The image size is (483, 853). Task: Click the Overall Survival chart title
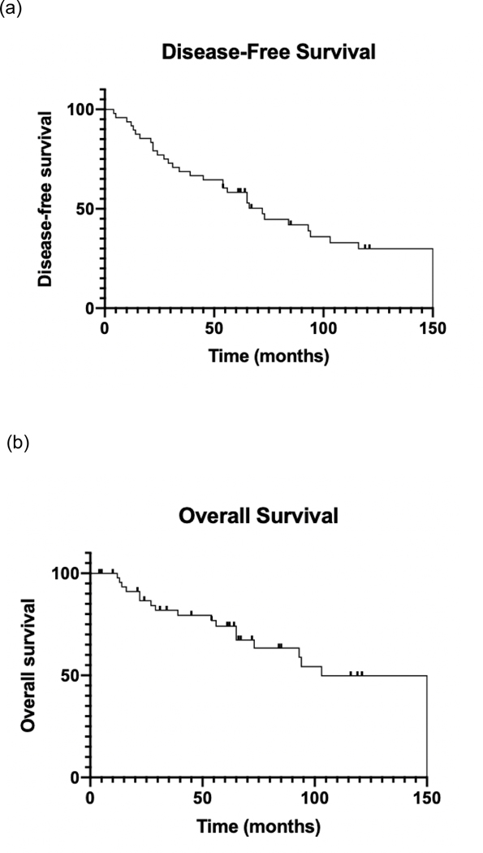pos(260,516)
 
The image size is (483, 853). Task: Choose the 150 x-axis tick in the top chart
pos(433,328)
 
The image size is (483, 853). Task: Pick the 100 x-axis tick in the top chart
pos(323,328)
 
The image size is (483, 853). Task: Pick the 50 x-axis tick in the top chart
pos(213,328)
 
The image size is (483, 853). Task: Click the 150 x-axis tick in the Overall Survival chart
pos(427,797)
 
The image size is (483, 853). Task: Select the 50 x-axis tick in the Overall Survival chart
pos(203,797)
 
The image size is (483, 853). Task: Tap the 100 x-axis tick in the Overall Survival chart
pos(315,797)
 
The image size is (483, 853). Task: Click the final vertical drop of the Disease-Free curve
pos(433,279)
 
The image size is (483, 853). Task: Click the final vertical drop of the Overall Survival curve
pos(427,726)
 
